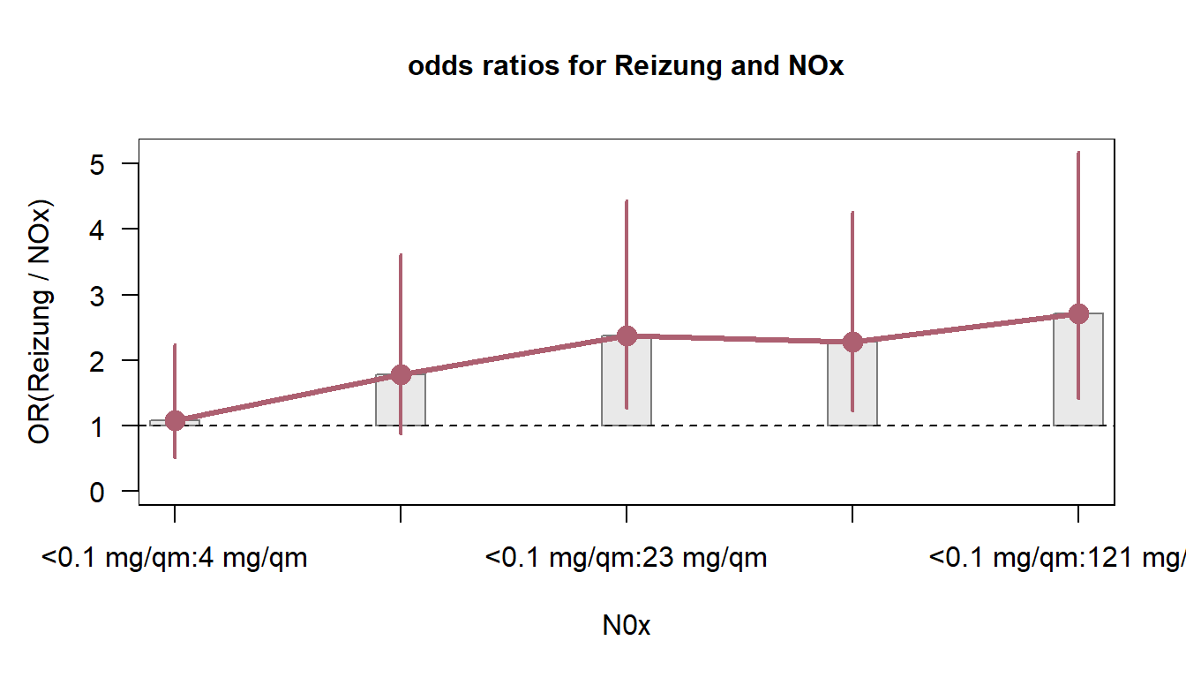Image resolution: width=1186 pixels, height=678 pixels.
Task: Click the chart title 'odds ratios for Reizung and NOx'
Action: tap(626, 67)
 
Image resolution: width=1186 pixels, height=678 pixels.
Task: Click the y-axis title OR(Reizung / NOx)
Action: tap(40, 321)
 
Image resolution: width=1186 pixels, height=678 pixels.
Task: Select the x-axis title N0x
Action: tap(626, 626)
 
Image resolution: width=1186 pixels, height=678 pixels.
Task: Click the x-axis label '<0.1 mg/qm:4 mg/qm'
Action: tap(175, 559)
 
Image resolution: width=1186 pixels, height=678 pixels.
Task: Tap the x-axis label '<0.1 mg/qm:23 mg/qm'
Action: tap(626, 559)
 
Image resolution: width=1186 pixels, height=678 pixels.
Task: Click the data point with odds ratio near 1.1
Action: tap(175, 420)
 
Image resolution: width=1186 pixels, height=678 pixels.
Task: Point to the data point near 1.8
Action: tap(401, 374)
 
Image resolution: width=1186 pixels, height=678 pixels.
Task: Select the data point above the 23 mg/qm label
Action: tap(627, 335)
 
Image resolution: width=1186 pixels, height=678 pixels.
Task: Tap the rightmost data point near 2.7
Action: tap(1078, 313)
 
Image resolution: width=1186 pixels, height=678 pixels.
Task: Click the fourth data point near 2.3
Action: tap(852, 342)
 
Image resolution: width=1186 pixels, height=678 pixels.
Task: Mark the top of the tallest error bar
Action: tap(1078, 153)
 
